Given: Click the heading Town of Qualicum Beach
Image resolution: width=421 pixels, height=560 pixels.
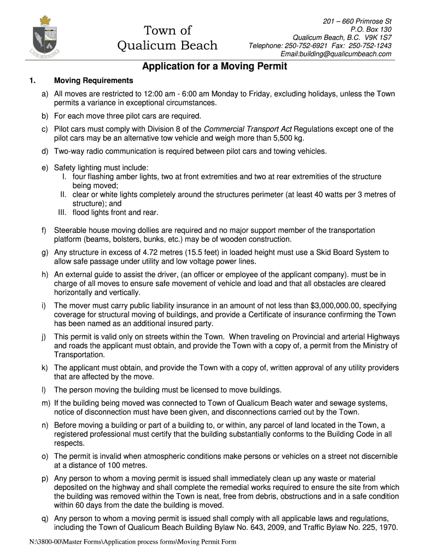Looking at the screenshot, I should (x=167, y=37).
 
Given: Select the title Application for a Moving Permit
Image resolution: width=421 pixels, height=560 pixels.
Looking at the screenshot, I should (x=214, y=67).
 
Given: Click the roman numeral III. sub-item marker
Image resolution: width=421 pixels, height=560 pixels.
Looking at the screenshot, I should (x=63, y=212).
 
